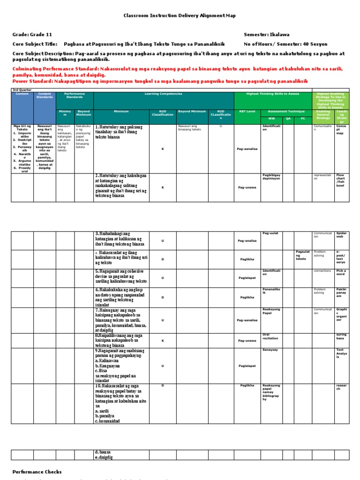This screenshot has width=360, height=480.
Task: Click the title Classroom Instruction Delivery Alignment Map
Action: pos(180,16)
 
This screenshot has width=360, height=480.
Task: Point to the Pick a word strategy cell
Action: pos(341,273)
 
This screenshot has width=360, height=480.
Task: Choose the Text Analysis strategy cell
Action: pos(341,353)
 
